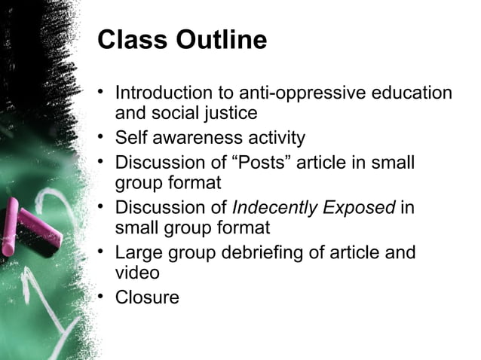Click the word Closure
coord(147,297)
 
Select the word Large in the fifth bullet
coord(138,252)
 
